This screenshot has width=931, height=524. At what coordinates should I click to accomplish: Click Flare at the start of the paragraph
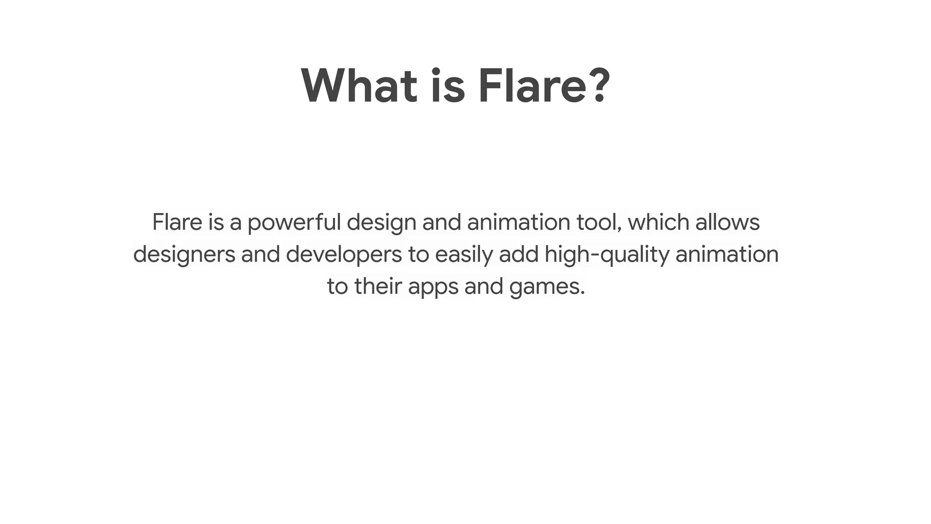click(177, 222)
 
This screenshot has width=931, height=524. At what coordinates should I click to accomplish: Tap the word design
click(381, 223)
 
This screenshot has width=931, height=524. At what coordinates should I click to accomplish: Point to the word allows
click(727, 222)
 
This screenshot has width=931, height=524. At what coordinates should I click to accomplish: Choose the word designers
click(184, 255)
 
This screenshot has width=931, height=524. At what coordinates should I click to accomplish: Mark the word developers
click(344, 255)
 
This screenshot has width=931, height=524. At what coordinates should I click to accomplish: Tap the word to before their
click(337, 287)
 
